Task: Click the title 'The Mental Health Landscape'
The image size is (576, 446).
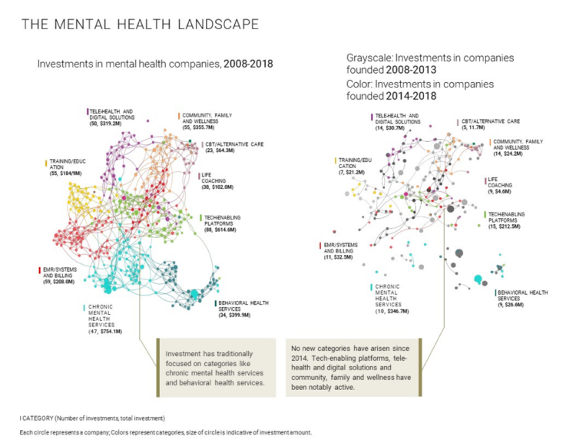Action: tap(140, 25)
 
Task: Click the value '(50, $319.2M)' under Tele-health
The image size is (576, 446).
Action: tap(107, 125)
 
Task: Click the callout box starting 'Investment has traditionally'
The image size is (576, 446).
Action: tap(213, 368)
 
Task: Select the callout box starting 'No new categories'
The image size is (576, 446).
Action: tap(353, 368)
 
